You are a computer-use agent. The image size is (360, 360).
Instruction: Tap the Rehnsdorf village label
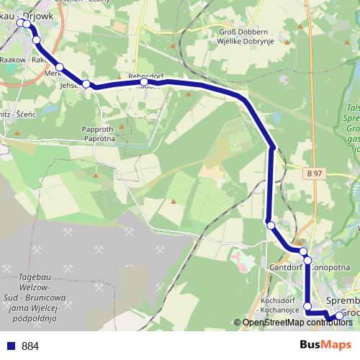coord(146,76)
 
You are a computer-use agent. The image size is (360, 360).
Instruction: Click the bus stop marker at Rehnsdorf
coord(144,83)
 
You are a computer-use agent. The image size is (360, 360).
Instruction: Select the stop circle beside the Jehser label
coord(86,84)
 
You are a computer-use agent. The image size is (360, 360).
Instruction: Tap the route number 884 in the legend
coord(30,346)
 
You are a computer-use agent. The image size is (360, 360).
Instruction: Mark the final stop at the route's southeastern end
coord(340,315)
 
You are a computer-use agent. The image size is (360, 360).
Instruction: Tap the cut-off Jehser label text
coord(69,84)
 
